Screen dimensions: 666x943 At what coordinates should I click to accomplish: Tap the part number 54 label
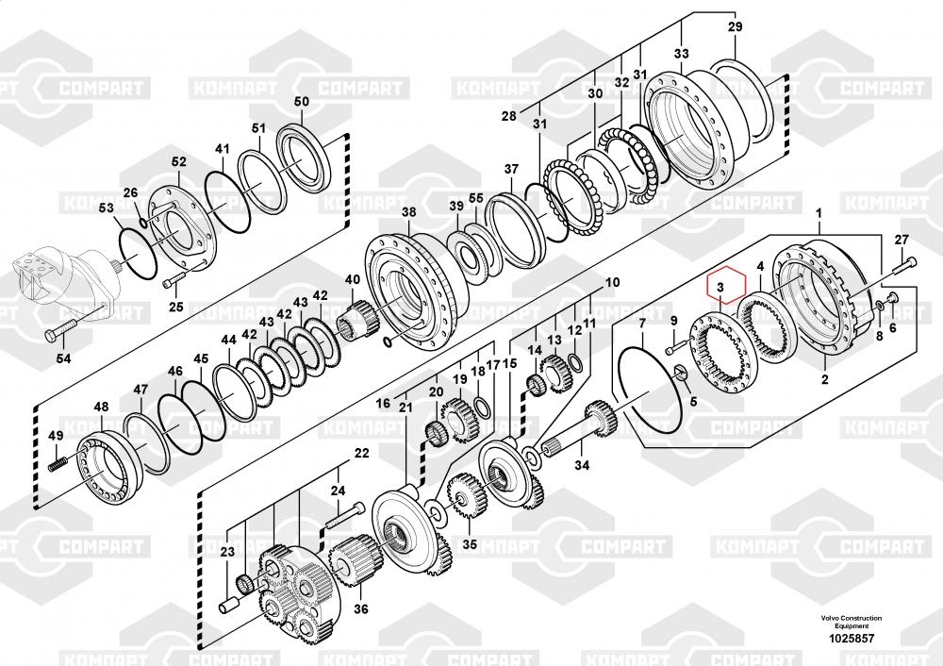click(63, 358)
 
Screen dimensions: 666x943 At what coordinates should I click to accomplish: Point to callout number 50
click(301, 102)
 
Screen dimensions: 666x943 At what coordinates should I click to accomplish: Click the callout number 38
click(408, 213)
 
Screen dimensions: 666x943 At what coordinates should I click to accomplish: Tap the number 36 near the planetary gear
click(359, 608)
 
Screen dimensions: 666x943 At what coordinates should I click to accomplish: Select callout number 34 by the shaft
click(582, 464)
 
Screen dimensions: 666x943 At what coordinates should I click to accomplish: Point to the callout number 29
click(735, 27)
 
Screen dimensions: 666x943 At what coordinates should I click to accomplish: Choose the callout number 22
click(361, 455)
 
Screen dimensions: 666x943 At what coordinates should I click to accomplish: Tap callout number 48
click(101, 408)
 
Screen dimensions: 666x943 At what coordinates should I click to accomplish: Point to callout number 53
click(106, 208)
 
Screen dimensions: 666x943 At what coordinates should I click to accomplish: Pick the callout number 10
click(612, 282)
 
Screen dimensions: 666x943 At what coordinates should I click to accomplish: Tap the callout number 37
click(511, 170)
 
